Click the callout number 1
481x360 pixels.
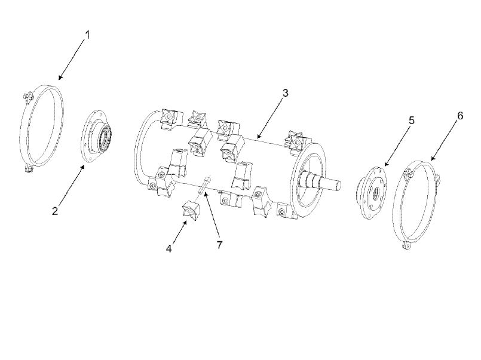click(87, 35)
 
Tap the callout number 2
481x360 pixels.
click(55, 211)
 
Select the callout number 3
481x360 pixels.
click(285, 93)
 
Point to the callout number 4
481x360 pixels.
click(168, 248)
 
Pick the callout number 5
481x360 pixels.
click(411, 120)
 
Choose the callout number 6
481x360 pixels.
click(460, 115)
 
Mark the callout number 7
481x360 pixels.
click(219, 245)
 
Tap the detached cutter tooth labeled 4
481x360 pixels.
click(191, 210)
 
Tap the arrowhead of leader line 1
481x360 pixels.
click(60, 78)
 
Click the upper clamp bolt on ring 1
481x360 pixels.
click(27, 96)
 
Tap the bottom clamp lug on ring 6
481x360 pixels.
click(406, 246)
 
